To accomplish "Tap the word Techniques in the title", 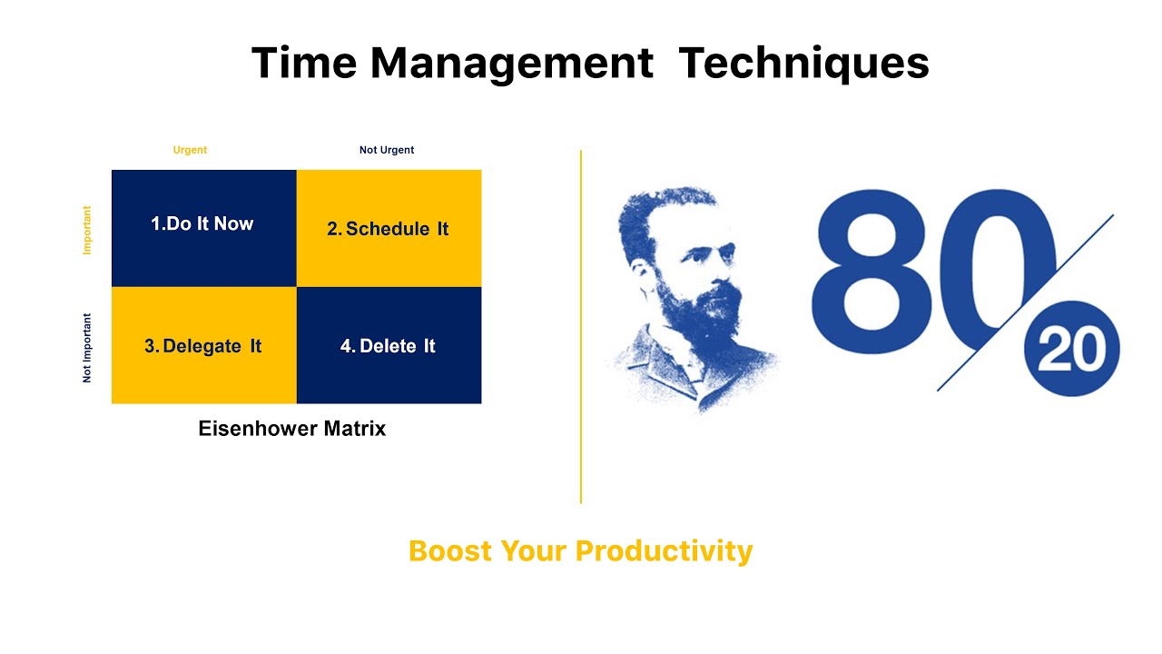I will [803, 64].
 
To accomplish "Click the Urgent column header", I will [190, 150].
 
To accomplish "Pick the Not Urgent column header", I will [387, 150].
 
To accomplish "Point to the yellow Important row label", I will [87, 229].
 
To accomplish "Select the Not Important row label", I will [87, 347].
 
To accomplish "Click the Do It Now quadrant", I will [203, 227].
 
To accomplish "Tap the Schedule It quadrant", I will [389, 229].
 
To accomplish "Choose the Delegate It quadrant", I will [203, 346].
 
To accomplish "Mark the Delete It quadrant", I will [389, 346].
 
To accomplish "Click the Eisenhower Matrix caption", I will [291, 429].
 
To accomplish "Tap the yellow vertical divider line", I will [580, 327].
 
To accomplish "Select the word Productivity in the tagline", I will [664, 550].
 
